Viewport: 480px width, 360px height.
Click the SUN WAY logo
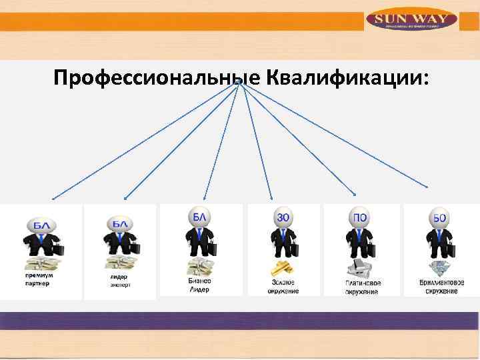(411, 20)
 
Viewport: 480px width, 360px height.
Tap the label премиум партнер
(39, 279)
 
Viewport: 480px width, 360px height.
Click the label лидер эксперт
(119, 281)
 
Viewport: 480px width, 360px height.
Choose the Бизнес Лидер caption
(198, 285)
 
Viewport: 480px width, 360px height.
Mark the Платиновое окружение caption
(363, 287)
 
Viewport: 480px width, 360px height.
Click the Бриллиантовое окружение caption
(442, 287)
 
